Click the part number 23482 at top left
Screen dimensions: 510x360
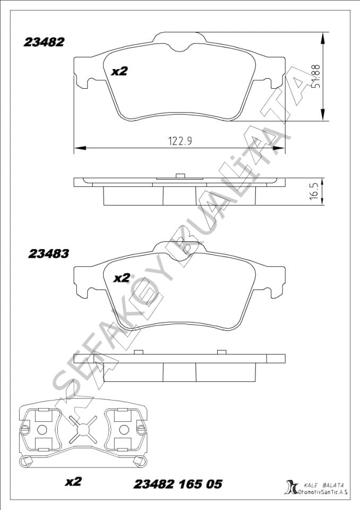[x=44, y=42]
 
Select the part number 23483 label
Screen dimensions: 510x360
[x=48, y=254]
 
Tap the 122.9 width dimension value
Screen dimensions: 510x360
[x=179, y=141]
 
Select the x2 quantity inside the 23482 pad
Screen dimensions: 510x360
[x=119, y=71]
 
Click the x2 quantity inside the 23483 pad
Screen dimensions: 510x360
[x=122, y=277]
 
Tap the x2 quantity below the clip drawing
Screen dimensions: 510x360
[x=73, y=482]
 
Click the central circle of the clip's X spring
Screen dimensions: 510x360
[x=81, y=428]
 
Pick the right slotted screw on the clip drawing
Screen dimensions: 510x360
[x=140, y=428]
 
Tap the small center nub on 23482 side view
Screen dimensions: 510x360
[x=179, y=176]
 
